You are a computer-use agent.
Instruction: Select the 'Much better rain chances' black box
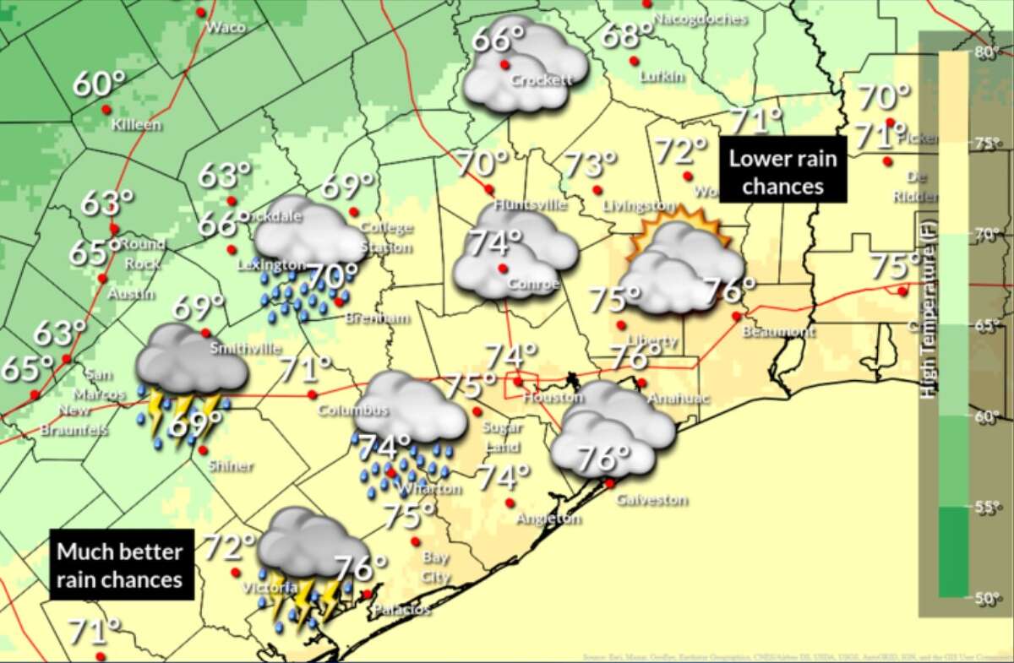120,565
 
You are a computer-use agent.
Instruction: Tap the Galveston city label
651,500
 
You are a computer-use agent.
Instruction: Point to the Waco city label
226,27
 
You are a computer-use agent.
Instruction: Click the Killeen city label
136,125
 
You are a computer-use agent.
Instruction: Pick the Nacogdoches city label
701,19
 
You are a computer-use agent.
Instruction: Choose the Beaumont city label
778,332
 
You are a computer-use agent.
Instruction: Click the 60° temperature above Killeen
98,84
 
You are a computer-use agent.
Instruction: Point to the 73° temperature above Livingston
589,165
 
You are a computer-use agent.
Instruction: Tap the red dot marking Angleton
510,503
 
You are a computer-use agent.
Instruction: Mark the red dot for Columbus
312,394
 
